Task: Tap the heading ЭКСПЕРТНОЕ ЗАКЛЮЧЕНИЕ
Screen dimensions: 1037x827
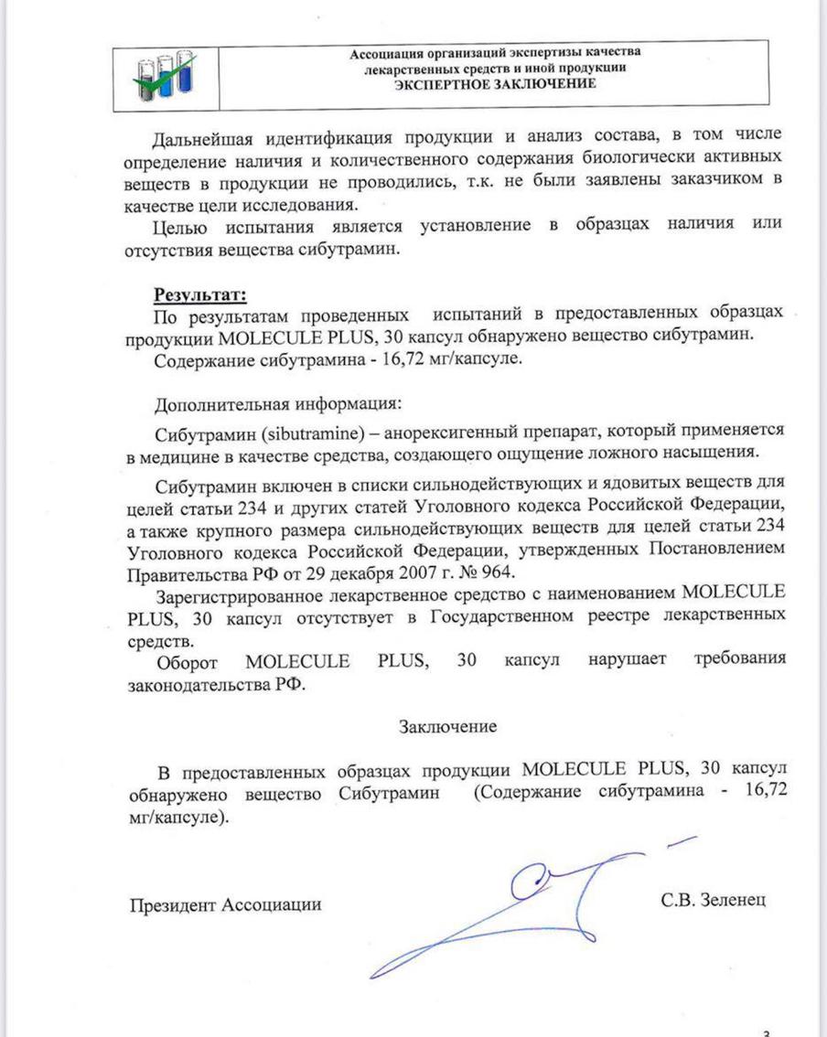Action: point(495,84)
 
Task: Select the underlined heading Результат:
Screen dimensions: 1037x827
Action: point(199,294)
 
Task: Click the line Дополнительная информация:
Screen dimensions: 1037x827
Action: point(277,403)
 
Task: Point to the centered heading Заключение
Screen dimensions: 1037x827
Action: point(447,726)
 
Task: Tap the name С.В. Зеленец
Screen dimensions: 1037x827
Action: point(712,900)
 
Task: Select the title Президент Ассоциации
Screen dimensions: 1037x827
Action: point(225,905)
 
